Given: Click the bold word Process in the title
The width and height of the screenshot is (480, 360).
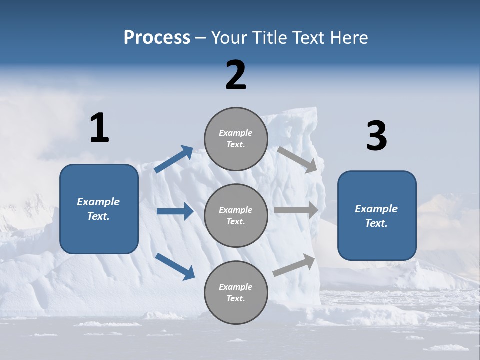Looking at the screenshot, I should tap(157, 38).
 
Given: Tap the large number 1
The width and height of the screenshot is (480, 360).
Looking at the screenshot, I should tap(99, 128).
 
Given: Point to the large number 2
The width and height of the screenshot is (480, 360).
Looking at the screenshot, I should tap(236, 75).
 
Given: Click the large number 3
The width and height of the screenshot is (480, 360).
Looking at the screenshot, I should tap(376, 136).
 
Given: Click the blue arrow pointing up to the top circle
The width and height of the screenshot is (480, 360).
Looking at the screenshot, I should tap(174, 159).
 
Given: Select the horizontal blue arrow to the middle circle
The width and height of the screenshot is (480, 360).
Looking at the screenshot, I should tap(175, 211).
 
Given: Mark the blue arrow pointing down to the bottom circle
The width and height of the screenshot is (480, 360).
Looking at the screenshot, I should tap(175, 266).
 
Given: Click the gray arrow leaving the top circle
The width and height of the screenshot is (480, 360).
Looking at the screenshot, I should tap(297, 159).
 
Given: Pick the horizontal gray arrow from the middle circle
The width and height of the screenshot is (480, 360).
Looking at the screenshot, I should tap(296, 210).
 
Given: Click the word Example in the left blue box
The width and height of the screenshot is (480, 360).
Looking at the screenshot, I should tap(98, 202).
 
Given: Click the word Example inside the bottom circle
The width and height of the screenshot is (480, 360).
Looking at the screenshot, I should tap(236, 287).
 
